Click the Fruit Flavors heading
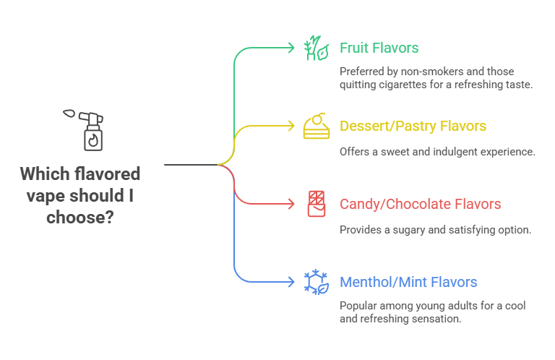[379, 48]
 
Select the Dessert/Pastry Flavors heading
[413, 127]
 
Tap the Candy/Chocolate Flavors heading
[421, 205]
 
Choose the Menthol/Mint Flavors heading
[408, 282]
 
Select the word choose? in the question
[80, 216]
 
